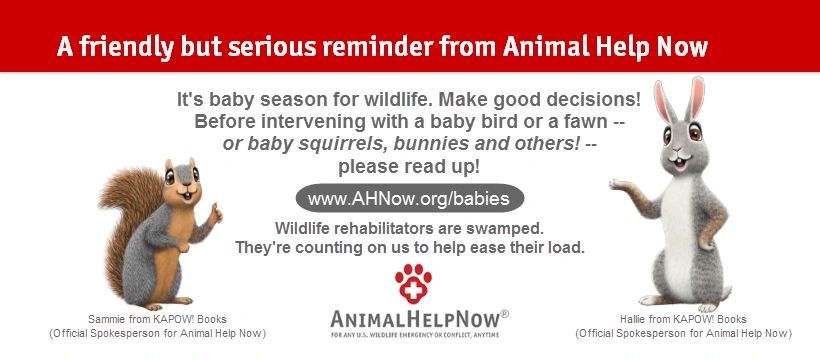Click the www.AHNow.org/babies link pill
click(409, 198)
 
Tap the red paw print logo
click(413, 284)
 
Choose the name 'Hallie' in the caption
click(633, 319)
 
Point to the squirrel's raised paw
click(214, 213)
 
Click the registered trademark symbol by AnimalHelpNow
click(504, 313)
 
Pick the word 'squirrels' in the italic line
click(346, 144)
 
